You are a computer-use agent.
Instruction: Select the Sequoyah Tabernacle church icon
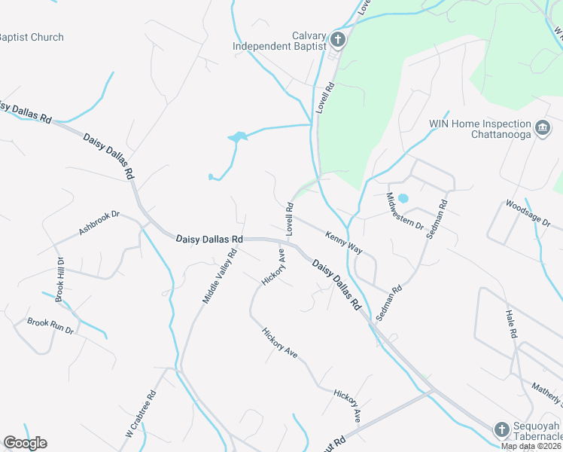[x=502, y=429]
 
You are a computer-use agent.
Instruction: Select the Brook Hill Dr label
[x=59, y=280]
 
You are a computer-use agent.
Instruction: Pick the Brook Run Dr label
[x=50, y=326]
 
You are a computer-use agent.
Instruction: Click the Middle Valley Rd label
[x=219, y=276]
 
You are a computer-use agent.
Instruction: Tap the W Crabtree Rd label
[x=140, y=414]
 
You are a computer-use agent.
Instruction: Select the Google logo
[x=26, y=443]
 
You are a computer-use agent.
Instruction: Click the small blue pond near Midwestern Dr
[x=403, y=199]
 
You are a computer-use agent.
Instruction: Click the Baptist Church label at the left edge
[x=31, y=37]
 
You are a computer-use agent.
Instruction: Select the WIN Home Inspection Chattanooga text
[x=479, y=129]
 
